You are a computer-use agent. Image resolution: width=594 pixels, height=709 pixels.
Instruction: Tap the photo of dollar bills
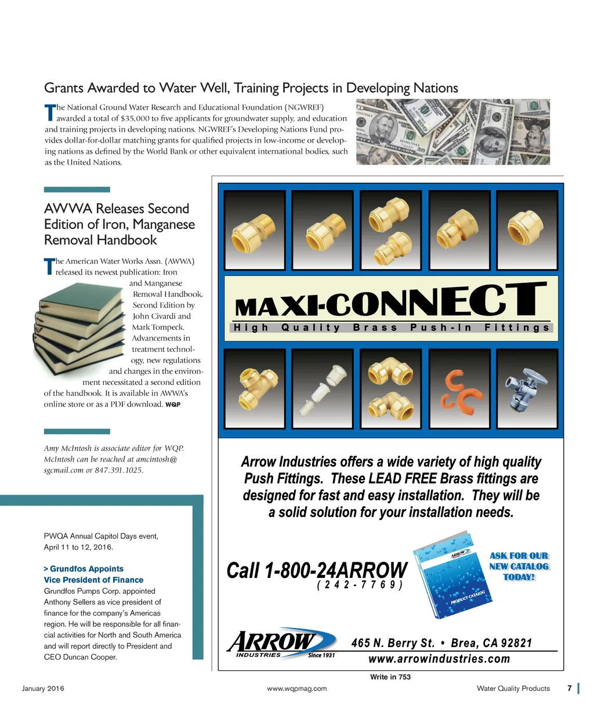pyautogui.click(x=452, y=132)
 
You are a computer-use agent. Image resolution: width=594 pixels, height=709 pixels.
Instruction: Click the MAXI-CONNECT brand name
pyautogui.click(x=390, y=301)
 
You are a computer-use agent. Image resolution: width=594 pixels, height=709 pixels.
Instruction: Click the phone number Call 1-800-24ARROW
pyautogui.click(x=317, y=570)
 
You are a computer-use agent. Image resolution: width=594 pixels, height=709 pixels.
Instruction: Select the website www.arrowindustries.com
pyautogui.click(x=439, y=659)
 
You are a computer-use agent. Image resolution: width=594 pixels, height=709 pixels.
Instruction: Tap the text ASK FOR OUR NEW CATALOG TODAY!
pyautogui.click(x=519, y=566)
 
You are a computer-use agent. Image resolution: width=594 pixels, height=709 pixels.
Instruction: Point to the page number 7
pyautogui.click(x=569, y=689)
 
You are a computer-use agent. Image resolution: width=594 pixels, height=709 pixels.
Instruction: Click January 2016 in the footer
pyautogui.click(x=43, y=689)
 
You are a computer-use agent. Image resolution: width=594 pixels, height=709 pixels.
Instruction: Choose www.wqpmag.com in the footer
pyautogui.click(x=296, y=689)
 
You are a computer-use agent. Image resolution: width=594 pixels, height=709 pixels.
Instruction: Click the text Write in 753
pyautogui.click(x=390, y=677)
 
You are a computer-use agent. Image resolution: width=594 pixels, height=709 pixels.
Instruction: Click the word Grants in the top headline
pyautogui.click(x=63, y=88)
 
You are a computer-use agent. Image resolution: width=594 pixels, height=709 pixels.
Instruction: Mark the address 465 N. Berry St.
pyautogui.click(x=393, y=643)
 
